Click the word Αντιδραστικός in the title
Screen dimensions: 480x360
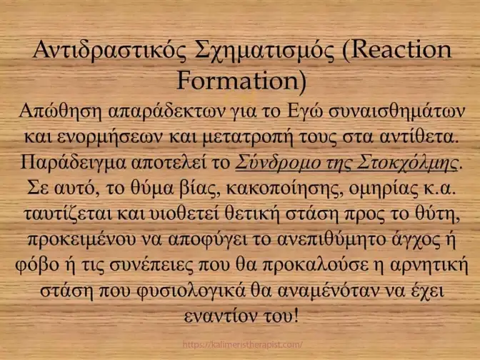coord(109,50)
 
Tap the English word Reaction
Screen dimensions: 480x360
coord(401,49)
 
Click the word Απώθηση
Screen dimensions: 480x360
coord(60,111)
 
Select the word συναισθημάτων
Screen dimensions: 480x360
coord(396,111)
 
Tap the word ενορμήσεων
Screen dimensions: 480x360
coord(110,137)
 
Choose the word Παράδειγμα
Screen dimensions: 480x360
coord(73,163)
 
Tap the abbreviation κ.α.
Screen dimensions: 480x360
coord(441,189)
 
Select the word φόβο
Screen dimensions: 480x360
coord(37,265)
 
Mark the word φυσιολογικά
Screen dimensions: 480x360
coord(191,291)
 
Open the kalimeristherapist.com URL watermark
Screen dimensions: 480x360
coord(242,345)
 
